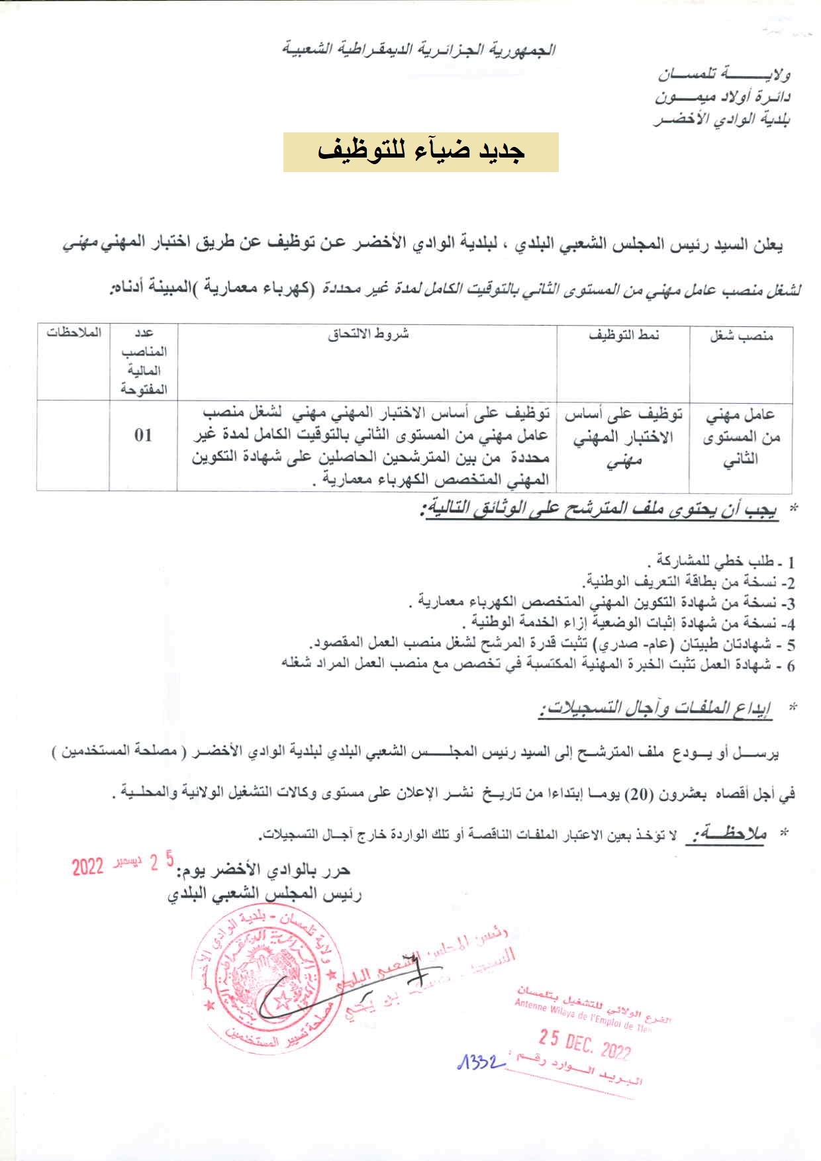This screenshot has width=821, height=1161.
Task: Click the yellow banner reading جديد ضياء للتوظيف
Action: point(420,152)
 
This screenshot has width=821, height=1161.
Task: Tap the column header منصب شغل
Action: point(742,336)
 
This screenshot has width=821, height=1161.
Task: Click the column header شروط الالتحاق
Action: point(368,334)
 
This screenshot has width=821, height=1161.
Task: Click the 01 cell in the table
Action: point(143,435)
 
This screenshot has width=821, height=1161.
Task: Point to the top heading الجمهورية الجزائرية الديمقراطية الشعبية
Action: point(418,50)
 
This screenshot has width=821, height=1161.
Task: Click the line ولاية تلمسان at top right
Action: point(724,74)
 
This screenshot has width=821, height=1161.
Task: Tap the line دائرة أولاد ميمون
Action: point(723,97)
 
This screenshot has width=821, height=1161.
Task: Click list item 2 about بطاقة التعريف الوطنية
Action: point(688,582)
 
